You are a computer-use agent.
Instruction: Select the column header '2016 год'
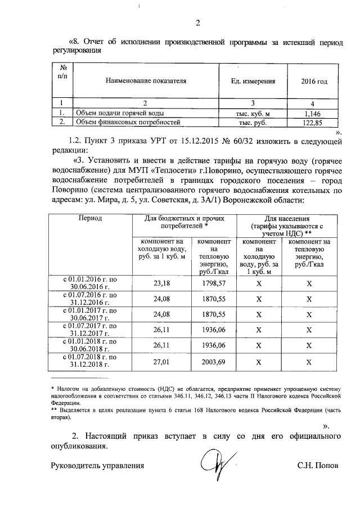pos(314,81)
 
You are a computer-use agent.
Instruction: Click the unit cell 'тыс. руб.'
pos(253,122)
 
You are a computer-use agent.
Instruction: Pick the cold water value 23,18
pos(161,283)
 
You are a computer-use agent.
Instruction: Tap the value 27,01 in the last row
pos(161,362)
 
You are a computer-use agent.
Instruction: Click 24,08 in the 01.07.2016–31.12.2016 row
pos(161,299)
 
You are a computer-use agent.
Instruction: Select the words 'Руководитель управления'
pos(98,466)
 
